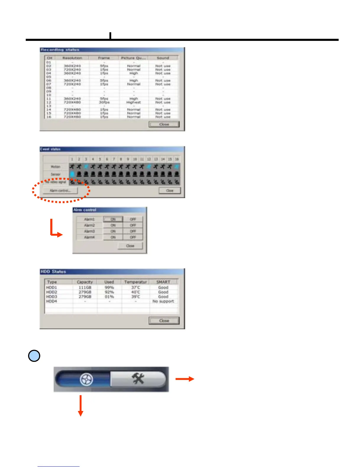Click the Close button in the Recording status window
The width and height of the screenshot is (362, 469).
(164, 124)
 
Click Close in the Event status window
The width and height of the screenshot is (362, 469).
(169, 190)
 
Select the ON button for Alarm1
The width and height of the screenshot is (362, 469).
(113, 219)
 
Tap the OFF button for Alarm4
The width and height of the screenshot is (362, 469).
(133, 237)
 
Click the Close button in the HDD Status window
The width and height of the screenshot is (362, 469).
(164, 321)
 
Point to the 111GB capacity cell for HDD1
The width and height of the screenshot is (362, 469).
(85, 287)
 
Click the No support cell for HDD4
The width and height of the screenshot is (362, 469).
(163, 301)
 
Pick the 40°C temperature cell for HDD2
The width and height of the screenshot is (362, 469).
(136, 292)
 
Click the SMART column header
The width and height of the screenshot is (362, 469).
(163, 282)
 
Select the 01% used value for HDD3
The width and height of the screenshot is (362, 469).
(109, 297)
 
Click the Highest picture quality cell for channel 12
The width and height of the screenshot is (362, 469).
(133, 102)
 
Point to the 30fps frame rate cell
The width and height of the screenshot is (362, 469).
(104, 102)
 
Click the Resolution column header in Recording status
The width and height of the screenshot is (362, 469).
(72, 58)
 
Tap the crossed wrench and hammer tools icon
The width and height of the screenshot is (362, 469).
(138, 379)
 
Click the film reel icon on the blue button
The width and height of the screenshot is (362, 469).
(86, 379)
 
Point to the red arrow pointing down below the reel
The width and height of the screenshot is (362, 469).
(80, 406)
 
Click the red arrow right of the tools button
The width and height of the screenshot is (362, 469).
(185, 379)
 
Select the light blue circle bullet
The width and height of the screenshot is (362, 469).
(34, 356)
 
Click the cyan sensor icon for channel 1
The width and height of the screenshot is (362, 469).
(72, 174)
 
